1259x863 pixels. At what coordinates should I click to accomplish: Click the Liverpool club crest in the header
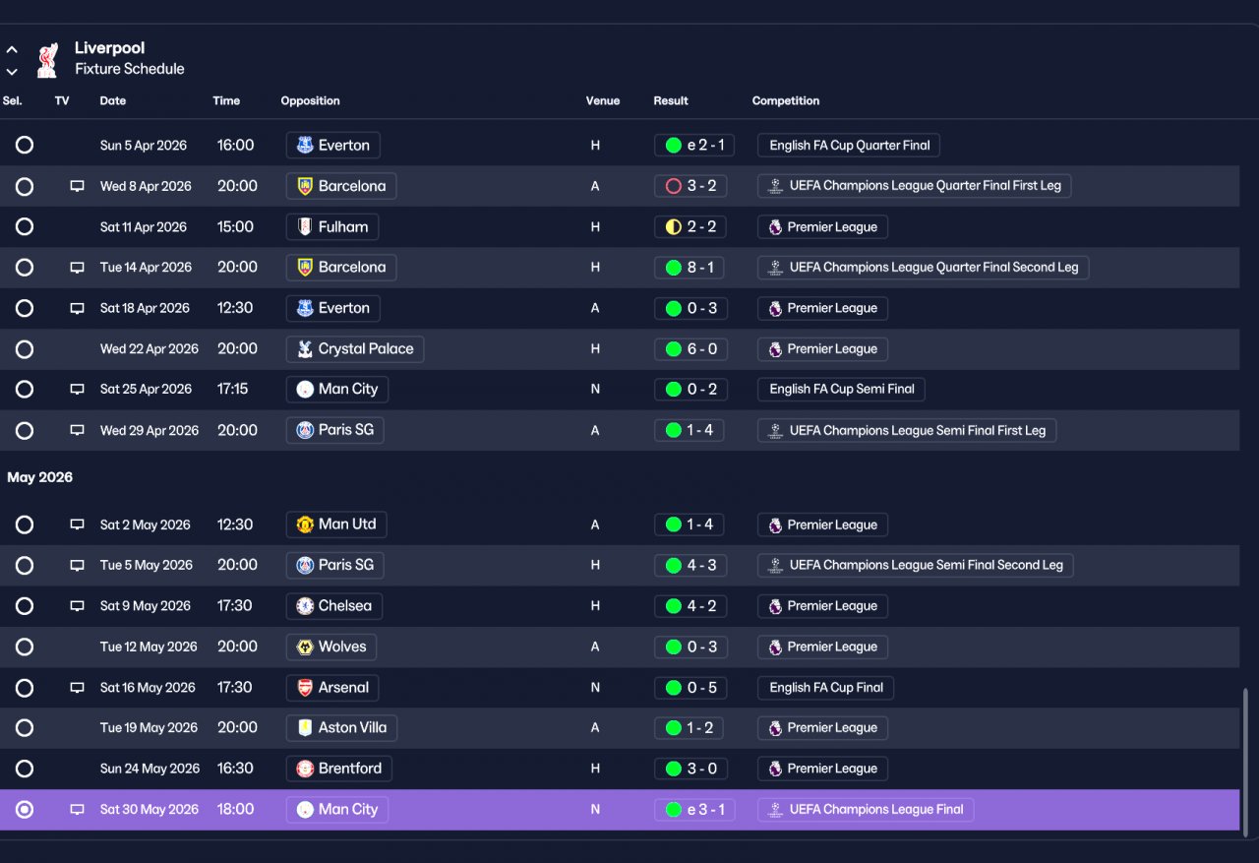click(48, 60)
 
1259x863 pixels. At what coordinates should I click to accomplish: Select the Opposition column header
click(310, 100)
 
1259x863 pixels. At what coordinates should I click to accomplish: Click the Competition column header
click(786, 100)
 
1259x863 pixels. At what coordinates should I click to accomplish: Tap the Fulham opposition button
click(332, 226)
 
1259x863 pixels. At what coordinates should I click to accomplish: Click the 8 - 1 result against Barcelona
click(689, 267)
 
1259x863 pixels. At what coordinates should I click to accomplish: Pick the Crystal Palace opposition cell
click(355, 348)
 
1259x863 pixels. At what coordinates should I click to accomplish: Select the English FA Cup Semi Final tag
click(841, 389)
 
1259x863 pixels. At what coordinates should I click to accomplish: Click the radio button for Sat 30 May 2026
click(25, 809)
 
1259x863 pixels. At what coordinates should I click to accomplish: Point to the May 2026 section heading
click(40, 477)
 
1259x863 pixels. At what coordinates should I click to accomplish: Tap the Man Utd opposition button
click(336, 524)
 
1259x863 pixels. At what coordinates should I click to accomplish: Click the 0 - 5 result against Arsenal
click(690, 687)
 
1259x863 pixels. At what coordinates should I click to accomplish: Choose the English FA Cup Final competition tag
click(825, 687)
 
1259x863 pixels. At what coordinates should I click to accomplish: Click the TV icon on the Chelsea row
click(77, 605)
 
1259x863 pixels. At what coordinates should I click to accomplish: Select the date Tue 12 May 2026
click(149, 647)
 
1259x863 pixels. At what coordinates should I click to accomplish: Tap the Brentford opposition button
click(339, 768)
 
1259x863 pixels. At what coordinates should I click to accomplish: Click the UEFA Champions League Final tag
click(866, 809)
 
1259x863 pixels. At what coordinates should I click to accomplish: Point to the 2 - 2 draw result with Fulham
click(690, 226)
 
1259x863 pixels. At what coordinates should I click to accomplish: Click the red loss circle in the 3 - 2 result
click(674, 186)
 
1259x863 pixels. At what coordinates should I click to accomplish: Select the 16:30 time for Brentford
click(235, 768)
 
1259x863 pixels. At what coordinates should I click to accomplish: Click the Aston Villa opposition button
click(341, 727)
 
